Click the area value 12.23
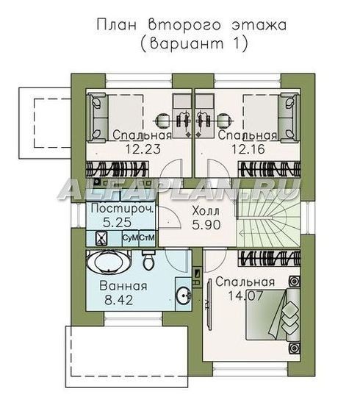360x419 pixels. click(143, 148)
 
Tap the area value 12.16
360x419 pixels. click(248, 148)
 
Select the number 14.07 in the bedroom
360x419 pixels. click(245, 296)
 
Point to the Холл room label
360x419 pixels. click(206, 211)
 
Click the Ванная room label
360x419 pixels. click(123, 286)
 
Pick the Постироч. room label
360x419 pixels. click(123, 209)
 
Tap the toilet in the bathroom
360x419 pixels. click(148, 259)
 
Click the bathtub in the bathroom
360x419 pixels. click(109, 262)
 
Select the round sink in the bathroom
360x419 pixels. click(184, 295)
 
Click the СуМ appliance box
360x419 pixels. click(130, 238)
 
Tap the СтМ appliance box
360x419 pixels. click(147, 238)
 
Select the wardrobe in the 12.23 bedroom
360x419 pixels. click(117, 169)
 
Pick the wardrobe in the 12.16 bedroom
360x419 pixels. click(269, 169)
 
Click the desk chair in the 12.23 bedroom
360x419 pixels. click(163, 121)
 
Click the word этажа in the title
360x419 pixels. click(259, 25)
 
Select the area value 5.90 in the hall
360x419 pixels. click(206, 225)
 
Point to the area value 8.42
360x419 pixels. click(118, 301)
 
